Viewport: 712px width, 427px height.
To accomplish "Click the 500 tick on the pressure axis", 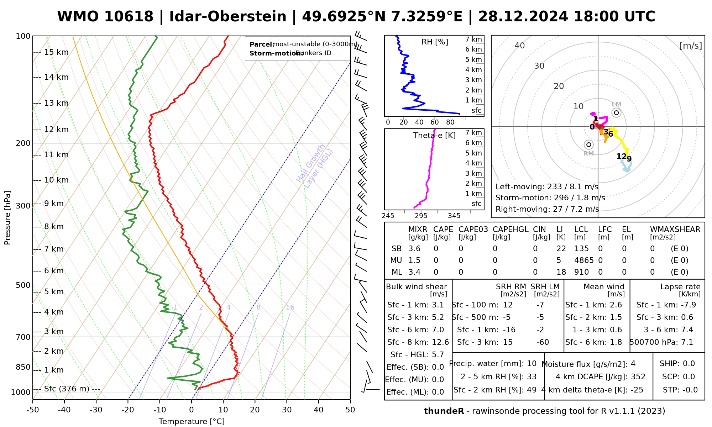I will [x=23, y=285].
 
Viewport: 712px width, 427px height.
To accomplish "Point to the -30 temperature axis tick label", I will [x=96, y=410].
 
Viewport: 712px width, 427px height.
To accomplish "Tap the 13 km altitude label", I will [x=56, y=103].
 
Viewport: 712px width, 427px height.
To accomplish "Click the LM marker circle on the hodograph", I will [x=616, y=113].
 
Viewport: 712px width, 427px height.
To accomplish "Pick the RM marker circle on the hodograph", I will [x=589, y=144].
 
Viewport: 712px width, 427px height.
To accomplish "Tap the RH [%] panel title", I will [x=435, y=42].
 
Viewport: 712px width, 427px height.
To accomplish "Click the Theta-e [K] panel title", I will [x=434, y=136].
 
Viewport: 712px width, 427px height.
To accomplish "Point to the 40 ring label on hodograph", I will [x=520, y=46].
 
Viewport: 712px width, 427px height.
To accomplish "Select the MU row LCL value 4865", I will [x=584, y=260].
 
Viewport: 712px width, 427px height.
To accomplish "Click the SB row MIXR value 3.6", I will [x=414, y=249].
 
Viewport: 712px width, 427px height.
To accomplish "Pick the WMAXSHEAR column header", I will [x=675, y=230].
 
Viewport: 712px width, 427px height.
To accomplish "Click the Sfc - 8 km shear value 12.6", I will [x=440, y=342].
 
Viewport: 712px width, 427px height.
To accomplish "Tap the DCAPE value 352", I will [x=638, y=377].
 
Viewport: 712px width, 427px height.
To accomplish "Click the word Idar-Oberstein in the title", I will [x=228, y=17].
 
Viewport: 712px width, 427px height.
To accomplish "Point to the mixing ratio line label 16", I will [x=290, y=307].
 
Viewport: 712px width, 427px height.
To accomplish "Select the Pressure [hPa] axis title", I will [x=7, y=218].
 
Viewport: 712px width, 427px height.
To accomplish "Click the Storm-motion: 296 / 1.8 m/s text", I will [x=550, y=198].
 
